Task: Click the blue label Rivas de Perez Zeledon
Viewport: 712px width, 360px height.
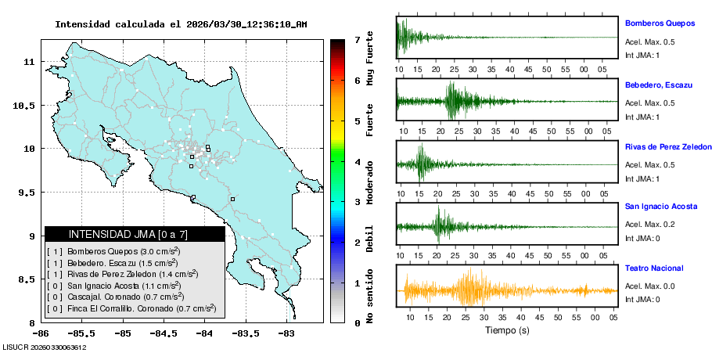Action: pyautogui.click(x=667, y=146)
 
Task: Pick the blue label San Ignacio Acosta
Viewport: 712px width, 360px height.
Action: pyautogui.click(x=662, y=206)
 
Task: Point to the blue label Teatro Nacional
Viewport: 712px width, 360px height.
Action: pyautogui.click(x=653, y=268)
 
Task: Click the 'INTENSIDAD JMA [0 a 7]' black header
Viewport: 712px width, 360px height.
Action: pyautogui.click(x=135, y=234)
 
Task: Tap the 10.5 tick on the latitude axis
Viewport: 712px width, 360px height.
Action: pyautogui.click(x=23, y=105)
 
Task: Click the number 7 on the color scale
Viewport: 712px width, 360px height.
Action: pyautogui.click(x=358, y=39)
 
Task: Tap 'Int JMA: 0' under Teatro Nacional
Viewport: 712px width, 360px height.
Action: pyautogui.click(x=642, y=299)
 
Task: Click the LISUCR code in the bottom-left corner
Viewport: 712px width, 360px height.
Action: pyautogui.click(x=45, y=347)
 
